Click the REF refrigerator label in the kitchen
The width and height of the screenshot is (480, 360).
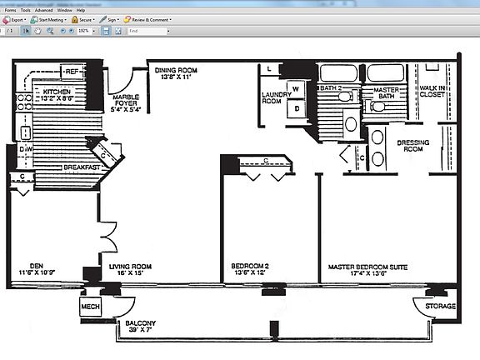click(72, 72)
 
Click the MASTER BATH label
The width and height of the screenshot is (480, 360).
click(385, 93)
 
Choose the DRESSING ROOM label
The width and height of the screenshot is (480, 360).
click(413, 146)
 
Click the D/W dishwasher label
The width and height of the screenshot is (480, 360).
click(26, 149)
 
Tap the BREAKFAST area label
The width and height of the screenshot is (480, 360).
click(82, 167)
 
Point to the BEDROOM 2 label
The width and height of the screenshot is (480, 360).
click(251, 267)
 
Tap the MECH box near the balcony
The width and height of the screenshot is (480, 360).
click(91, 307)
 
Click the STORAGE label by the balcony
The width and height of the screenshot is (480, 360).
click(440, 306)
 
